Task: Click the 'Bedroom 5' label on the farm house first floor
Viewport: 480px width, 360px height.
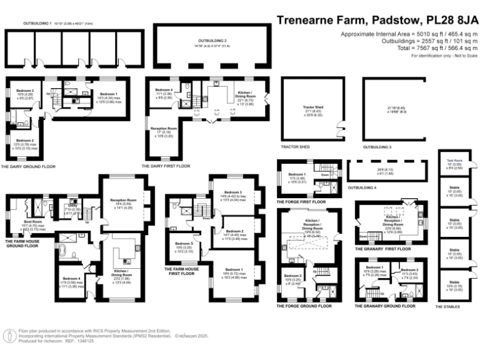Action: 183,243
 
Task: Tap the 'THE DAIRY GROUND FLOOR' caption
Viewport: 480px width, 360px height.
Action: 29,167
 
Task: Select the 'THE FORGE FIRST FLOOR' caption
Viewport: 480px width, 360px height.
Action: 301,202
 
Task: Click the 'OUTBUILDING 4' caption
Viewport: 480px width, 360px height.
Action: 362,187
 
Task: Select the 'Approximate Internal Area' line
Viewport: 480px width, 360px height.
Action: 409,33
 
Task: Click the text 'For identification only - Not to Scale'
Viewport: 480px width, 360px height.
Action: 444,56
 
